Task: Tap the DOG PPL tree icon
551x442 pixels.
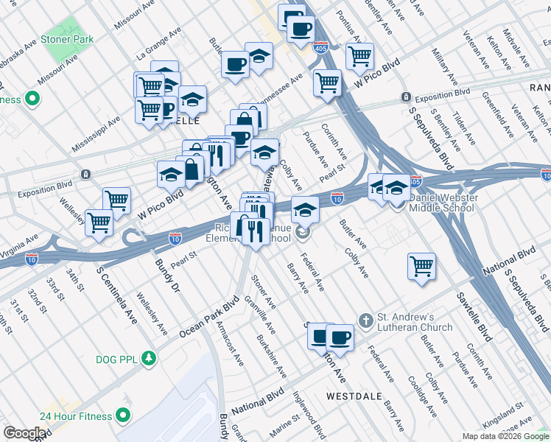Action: [150, 358]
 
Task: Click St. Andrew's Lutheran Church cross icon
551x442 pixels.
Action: [365, 320]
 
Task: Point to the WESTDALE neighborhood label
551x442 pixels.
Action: [354, 396]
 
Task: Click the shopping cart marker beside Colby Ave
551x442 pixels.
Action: [421, 266]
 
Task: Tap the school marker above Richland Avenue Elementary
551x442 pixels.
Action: [304, 210]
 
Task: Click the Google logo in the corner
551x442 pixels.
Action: [24, 433]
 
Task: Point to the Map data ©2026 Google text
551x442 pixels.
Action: [505, 436]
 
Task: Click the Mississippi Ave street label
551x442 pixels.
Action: [96, 133]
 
